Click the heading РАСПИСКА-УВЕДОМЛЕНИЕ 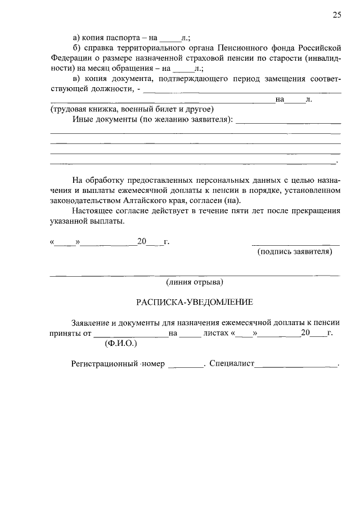[x=195, y=302]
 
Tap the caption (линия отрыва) [x=195, y=281]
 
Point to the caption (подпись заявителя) [x=295, y=251]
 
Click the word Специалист [x=232, y=364]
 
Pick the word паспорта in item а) [x=127, y=38]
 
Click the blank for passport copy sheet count [x=170, y=39]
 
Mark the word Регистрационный [x=105, y=364]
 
